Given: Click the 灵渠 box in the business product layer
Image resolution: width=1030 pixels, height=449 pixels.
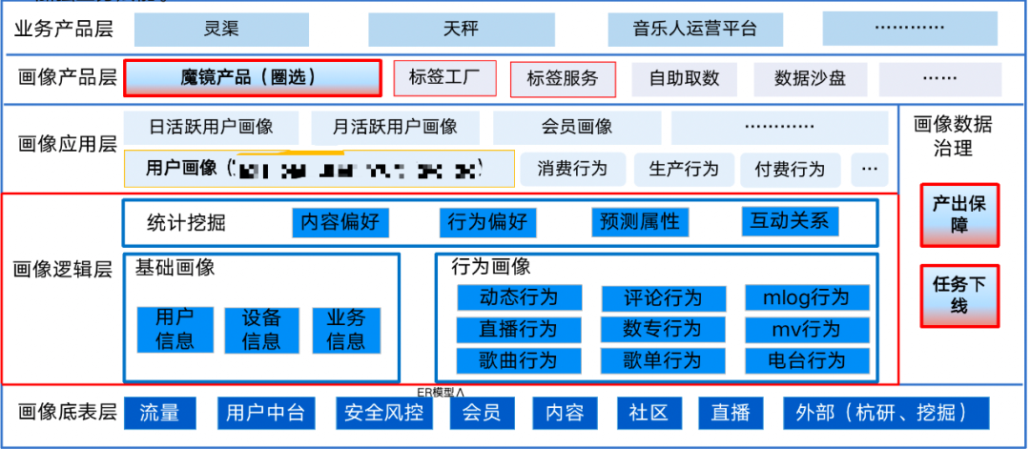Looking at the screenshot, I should pos(221,29).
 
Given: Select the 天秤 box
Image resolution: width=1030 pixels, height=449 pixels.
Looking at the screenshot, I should pos(459,29).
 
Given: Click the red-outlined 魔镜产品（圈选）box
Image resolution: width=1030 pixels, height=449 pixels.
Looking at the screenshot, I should pos(252,78).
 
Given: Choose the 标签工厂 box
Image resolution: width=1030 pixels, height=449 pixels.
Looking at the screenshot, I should pos(444,78).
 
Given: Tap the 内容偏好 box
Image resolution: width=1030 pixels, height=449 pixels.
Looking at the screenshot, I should pos(340,222).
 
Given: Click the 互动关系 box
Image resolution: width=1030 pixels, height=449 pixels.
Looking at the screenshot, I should pos(789,221).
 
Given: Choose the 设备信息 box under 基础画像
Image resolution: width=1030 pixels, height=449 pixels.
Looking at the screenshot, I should pos(261,330).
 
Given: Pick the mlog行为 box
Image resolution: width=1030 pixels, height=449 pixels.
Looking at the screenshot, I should pos(806,297).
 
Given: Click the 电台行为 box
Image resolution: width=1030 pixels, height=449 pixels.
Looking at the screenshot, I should pos(806,360).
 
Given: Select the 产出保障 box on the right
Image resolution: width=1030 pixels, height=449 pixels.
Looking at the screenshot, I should pos(959,215).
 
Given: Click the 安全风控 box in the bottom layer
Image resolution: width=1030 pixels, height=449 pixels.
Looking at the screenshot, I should pos(379,413).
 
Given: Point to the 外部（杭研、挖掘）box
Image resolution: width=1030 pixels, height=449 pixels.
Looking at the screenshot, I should pos(885,413).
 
